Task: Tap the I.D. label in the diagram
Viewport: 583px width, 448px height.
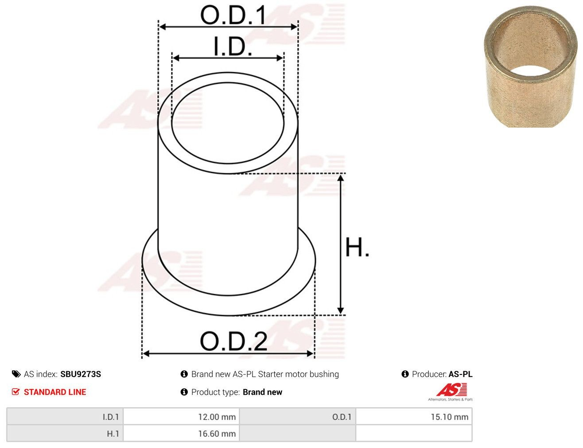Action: [233, 46]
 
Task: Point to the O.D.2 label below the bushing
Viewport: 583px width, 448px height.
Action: [233, 341]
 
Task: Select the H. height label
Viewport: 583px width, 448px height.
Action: [357, 247]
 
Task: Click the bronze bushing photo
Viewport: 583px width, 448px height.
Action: [530, 66]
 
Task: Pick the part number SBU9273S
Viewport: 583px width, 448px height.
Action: [81, 374]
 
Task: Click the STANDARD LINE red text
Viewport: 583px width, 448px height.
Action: [55, 392]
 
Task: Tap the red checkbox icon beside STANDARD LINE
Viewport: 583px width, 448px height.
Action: [16, 392]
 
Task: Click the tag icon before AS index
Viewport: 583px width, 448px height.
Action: [16, 374]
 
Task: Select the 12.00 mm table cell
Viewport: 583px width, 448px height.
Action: [181, 417]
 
